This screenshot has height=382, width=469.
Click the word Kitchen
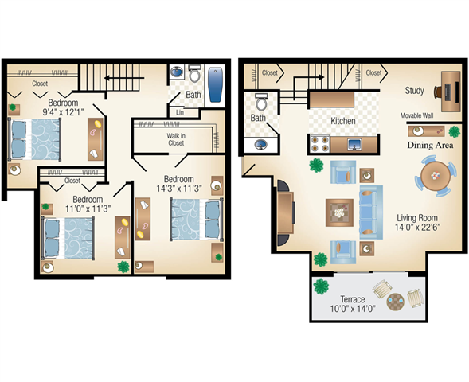click(x=342, y=121)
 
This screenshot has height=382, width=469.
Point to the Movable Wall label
click(x=416, y=115)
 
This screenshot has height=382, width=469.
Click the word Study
click(x=415, y=90)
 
